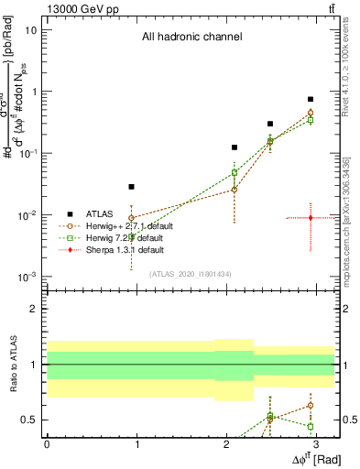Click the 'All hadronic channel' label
[x=191, y=38]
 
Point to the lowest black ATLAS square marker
[x=132, y=187]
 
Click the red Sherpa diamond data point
[x=311, y=218]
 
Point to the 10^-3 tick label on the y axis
[x=27, y=278]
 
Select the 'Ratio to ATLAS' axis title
[x=13, y=365]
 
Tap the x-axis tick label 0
[x=47, y=445]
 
